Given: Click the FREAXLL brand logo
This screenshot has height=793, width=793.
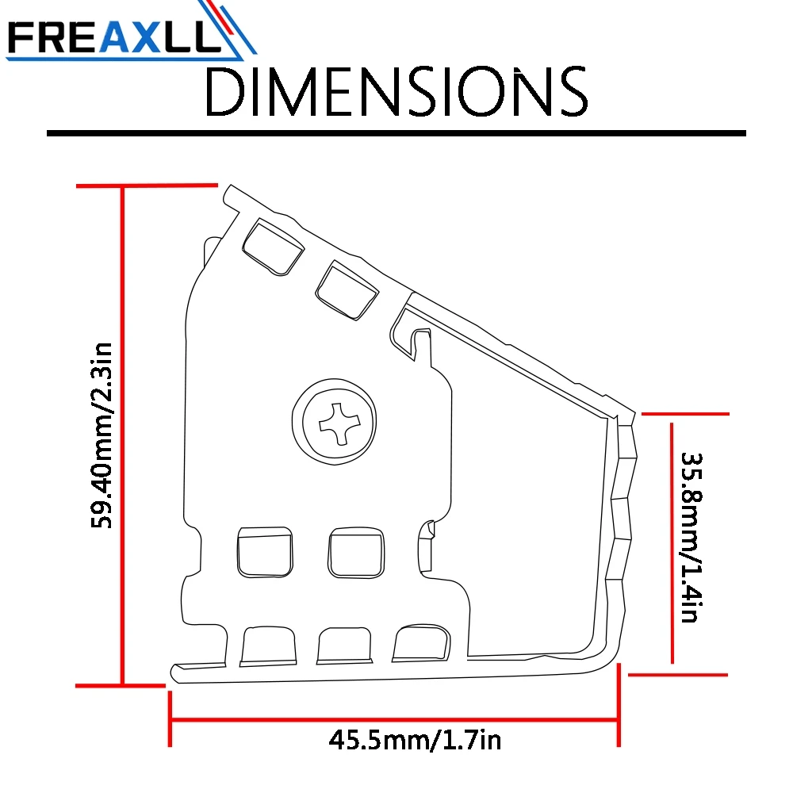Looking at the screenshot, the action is point(131,32).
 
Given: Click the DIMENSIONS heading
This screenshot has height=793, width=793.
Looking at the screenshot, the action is point(396,91).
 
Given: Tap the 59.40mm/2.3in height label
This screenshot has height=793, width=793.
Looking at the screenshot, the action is point(102,435).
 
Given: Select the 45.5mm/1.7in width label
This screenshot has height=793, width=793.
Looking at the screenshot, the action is point(415,741).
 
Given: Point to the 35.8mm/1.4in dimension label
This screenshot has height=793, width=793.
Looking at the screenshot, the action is point(691,538).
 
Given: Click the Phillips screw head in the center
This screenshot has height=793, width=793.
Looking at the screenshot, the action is point(335,421).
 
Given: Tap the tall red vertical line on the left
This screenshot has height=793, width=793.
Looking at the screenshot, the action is point(122,436).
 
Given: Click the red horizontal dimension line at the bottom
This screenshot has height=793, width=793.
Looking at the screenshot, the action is point(394,719).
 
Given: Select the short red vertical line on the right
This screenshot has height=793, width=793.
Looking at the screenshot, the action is point(672,543).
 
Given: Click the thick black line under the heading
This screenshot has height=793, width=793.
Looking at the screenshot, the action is point(396,133).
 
